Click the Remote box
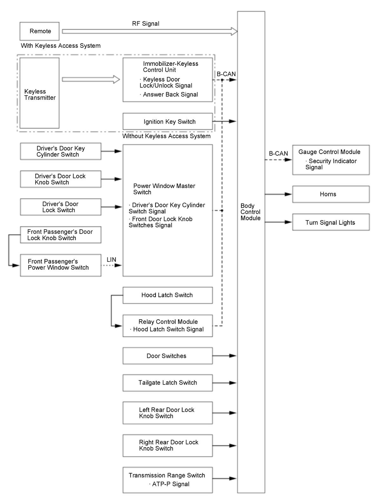point(39,31)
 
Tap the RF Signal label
point(145,24)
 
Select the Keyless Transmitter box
point(39,93)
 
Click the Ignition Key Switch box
point(168,121)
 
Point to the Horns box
point(331,194)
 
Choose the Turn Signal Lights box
point(331,222)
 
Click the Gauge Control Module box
point(331,160)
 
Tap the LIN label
point(111,260)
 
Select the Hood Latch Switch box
point(168,295)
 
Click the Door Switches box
point(168,356)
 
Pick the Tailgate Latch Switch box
point(168,383)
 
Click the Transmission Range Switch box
point(168,480)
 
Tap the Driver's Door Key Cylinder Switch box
point(61,151)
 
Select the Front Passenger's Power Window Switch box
point(61,265)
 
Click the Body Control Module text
point(250,212)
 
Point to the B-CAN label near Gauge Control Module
point(278,153)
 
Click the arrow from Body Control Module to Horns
point(278,194)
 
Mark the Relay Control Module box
point(168,326)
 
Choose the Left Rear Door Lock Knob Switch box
point(168,413)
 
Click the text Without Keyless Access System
point(166,136)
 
